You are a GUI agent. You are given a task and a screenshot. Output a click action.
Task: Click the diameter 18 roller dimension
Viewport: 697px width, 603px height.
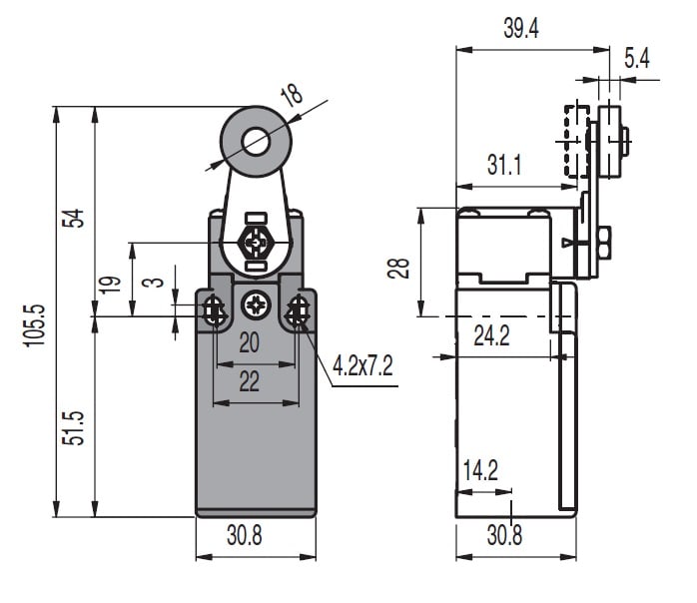pos(292,97)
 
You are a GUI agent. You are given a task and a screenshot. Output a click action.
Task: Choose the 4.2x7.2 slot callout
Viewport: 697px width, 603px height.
pos(363,367)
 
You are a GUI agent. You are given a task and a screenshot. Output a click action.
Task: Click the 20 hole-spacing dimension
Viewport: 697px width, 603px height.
pos(250,343)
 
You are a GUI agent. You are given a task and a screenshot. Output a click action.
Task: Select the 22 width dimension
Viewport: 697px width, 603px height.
pos(250,381)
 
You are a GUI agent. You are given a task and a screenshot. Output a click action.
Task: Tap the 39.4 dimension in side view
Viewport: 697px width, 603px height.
pos(520,29)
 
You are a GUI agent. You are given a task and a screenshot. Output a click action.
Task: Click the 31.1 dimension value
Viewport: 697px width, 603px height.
pos(504,166)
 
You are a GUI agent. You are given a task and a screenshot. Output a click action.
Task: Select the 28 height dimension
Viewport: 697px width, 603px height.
pos(400,267)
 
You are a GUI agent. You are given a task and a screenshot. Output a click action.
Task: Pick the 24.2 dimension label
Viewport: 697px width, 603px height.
pos(491,336)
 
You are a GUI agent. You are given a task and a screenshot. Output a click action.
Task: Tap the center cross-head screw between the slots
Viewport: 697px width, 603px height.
pos(259,302)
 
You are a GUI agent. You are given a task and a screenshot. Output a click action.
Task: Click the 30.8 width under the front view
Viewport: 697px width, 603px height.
pos(245,536)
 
